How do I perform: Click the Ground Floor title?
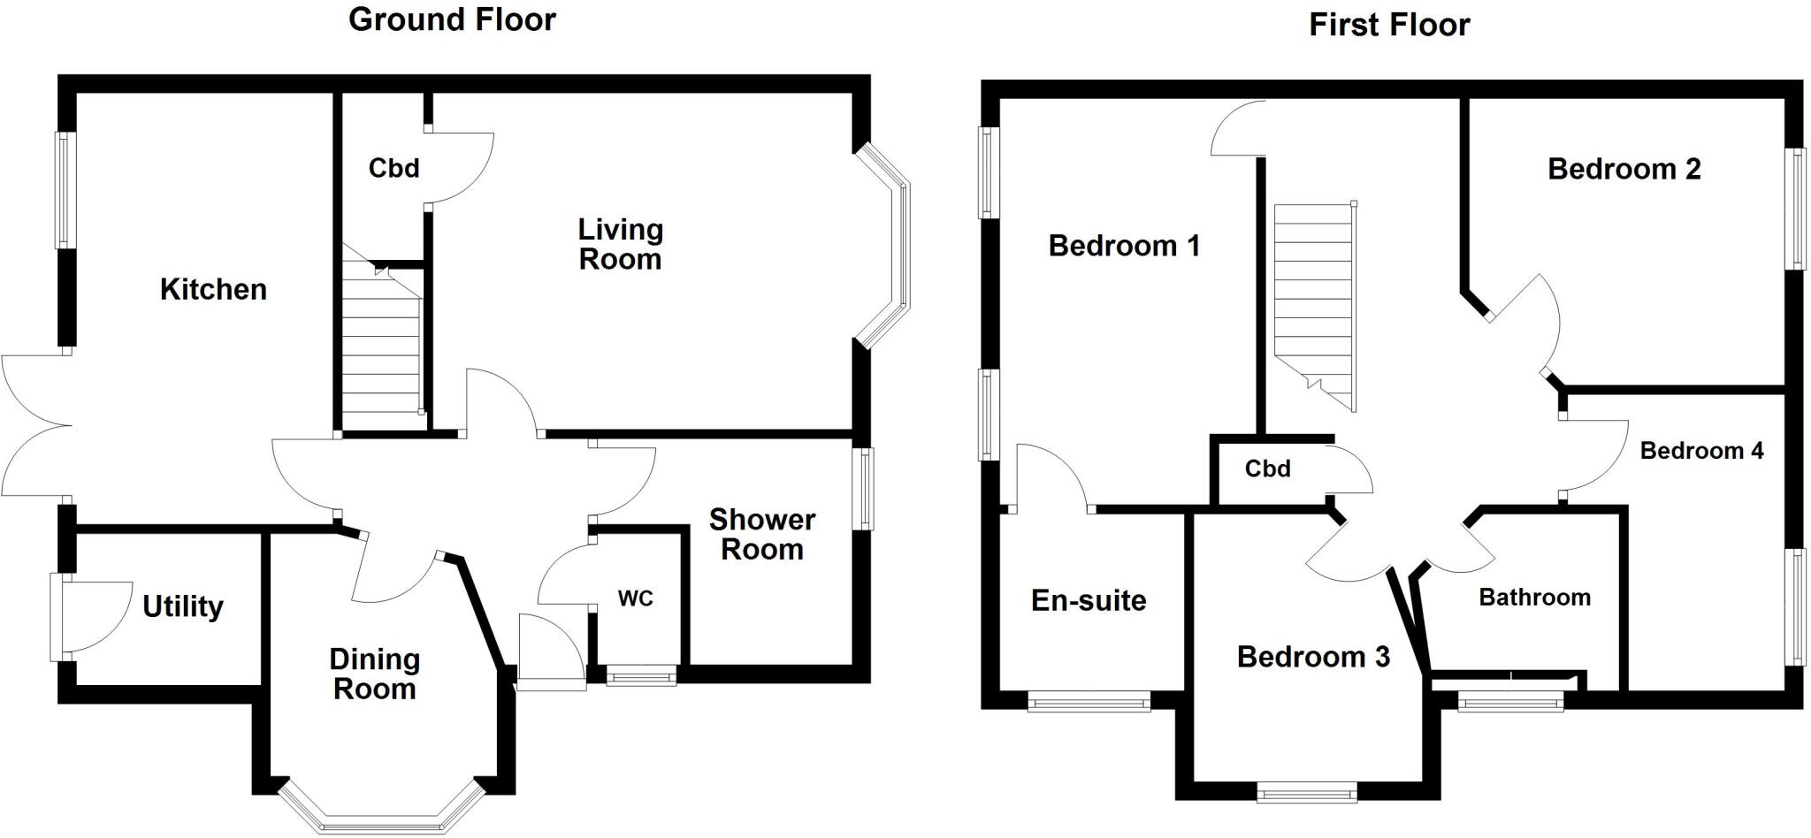coord(452,19)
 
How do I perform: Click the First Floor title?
coord(1388,25)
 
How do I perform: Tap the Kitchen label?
coord(213,289)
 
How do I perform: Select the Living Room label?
coord(620,244)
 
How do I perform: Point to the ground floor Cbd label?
coord(394,168)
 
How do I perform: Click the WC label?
coord(635,598)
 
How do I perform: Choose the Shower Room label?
coord(761,534)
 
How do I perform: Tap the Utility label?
coord(183,606)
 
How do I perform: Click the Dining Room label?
coord(374,674)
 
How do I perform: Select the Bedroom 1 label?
coord(1124,246)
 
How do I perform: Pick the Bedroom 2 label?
coord(1624,169)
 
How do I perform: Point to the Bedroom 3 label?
coord(1313,657)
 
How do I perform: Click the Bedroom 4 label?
coord(1700,451)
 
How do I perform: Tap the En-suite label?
coord(1089,601)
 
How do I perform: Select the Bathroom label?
coord(1534,598)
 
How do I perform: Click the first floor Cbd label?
coord(1267,469)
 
